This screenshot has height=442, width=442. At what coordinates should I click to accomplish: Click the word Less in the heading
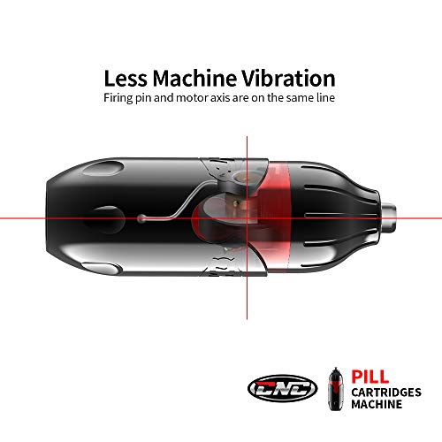[126, 79]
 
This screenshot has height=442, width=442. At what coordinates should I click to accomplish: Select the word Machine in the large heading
[194, 79]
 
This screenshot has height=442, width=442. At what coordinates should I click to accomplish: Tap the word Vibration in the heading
[288, 79]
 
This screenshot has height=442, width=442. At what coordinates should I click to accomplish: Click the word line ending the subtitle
[325, 97]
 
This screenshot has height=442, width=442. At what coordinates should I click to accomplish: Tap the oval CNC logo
[283, 388]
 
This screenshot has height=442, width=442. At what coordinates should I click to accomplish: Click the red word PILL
[370, 377]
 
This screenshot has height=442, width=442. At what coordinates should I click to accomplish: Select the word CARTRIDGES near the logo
[386, 392]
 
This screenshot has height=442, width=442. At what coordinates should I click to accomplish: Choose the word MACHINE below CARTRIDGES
[377, 404]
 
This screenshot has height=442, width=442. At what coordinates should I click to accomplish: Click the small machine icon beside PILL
[336, 389]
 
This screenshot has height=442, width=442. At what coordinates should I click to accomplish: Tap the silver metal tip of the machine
[389, 218]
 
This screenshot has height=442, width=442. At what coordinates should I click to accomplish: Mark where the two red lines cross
[247, 218]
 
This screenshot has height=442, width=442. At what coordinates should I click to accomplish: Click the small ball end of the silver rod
[141, 218]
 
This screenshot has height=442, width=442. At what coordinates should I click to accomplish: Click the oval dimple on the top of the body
[103, 169]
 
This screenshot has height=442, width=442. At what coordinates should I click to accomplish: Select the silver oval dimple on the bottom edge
[102, 268]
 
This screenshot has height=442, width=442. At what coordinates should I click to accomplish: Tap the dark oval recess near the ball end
[103, 219]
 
